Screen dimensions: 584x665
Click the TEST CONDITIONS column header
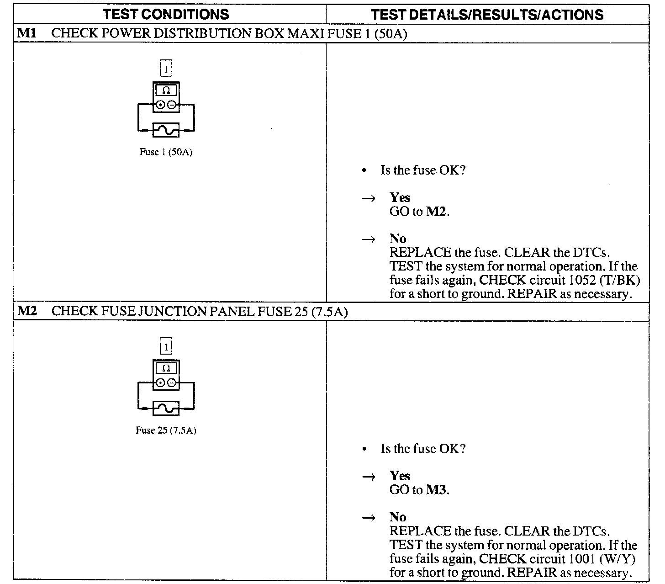pos(166,14)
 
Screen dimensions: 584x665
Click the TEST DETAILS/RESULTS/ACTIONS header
pos(487,15)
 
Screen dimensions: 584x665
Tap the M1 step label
pos(26,33)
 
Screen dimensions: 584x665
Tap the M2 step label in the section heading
pos(27,312)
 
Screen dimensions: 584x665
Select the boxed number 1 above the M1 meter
pos(166,69)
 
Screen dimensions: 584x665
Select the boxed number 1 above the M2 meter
pos(166,347)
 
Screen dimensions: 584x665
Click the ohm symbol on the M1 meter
pos(166,90)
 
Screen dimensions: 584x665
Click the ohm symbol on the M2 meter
pos(166,368)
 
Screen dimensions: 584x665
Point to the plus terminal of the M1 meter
pos(160,105)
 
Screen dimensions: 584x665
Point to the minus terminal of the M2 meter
pos(171,383)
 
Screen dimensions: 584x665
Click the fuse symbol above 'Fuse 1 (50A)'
pos(166,131)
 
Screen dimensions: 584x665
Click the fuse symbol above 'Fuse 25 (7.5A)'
pos(166,409)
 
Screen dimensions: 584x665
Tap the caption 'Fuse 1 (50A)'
pos(166,152)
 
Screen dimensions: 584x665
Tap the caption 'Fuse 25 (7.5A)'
pos(166,430)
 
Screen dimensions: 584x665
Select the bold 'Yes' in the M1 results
pos(400,197)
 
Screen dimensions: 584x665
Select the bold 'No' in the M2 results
pos(398,517)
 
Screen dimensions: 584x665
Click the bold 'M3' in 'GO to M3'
pos(437,490)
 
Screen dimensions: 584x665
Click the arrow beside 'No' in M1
pos(368,239)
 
